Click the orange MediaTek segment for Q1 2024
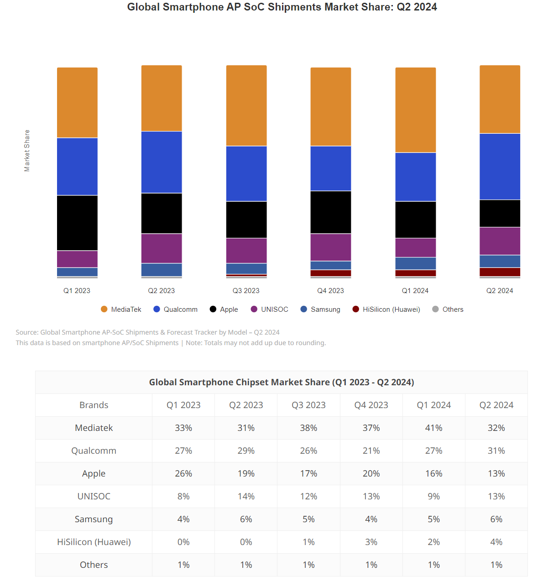[x=415, y=110]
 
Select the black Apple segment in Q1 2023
[x=77, y=223]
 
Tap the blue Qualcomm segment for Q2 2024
[x=500, y=167]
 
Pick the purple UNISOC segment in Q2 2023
[x=162, y=248]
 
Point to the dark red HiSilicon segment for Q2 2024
[x=500, y=272]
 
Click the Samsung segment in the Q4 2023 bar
[x=331, y=265]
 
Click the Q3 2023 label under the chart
[x=246, y=291]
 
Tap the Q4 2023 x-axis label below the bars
[x=330, y=291]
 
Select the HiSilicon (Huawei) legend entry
[x=386, y=309]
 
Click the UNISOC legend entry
[x=270, y=309]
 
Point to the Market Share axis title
[x=27, y=151]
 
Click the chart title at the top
[x=282, y=7]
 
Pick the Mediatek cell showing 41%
[x=433, y=428]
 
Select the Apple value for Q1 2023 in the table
[x=183, y=474]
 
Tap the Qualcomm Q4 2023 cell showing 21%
[x=371, y=451]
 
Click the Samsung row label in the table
[x=94, y=519]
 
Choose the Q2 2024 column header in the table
[x=496, y=405]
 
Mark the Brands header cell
[x=94, y=405]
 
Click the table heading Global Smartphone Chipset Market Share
[x=282, y=383]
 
